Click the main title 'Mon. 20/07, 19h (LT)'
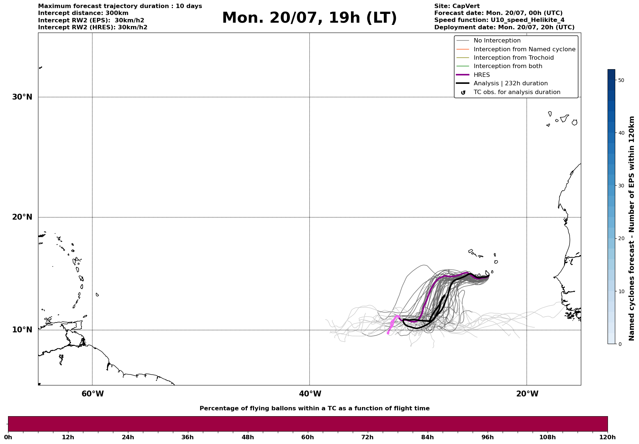pos(309,18)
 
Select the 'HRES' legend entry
pos(481,75)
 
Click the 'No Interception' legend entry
pos(497,41)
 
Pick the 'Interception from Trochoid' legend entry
pos(514,58)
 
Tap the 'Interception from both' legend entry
pos(508,66)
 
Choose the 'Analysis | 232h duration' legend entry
pos(511,83)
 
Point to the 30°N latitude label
pos(22,97)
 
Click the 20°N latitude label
pos(22,217)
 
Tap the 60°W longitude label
pos(92,394)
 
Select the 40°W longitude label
pos(310,394)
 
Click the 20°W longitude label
pos(527,394)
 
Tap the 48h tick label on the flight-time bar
pos(247,437)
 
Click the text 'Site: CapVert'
pos(457,6)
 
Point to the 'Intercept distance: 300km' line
pos(83,13)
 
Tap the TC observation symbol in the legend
pos(463,93)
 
